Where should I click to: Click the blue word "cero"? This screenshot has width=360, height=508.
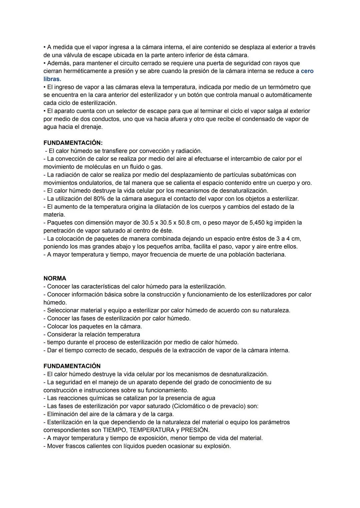[307, 71]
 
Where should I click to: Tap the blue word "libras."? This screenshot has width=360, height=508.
[52, 79]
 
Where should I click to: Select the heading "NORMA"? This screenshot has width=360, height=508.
[55, 278]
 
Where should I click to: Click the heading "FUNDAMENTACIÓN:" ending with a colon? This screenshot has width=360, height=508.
[73, 143]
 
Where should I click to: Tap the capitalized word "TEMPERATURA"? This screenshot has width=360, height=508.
[152, 430]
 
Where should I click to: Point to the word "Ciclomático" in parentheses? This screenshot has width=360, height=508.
[200, 406]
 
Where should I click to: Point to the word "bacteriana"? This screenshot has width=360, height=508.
[270, 254]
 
